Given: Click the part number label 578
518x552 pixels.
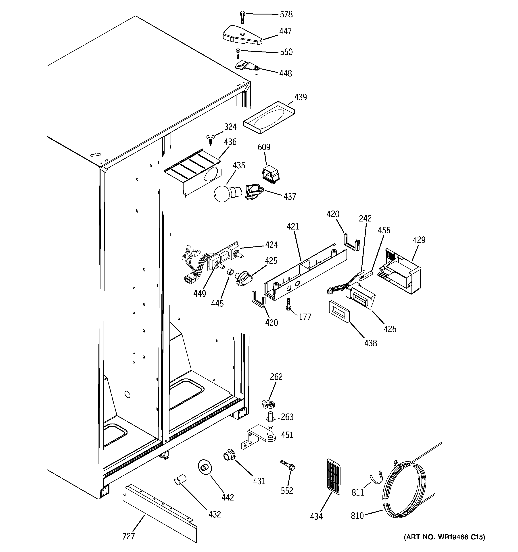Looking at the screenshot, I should pos(286,14).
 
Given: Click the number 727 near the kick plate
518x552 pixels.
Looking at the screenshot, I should pos(128,536).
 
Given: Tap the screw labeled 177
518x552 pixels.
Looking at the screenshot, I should pos(288,304).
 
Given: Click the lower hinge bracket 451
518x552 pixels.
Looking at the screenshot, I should pos(259,439).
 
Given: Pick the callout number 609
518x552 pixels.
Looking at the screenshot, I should pos(264,147).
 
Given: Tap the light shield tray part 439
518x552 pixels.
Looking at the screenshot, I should pos(269,118).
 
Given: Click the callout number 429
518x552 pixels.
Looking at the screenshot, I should pos(419,240).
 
